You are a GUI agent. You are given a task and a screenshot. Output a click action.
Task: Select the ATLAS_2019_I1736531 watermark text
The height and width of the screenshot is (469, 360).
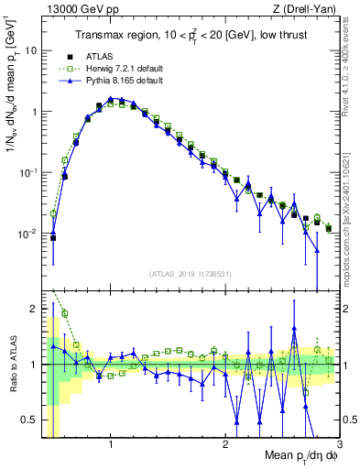(191, 274)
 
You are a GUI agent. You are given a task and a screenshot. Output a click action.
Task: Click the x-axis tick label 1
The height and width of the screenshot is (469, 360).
(111, 444)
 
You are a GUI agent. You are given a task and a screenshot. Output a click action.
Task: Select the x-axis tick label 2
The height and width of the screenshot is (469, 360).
(225, 444)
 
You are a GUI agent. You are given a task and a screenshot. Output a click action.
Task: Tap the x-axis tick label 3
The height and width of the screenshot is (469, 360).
(338, 444)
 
